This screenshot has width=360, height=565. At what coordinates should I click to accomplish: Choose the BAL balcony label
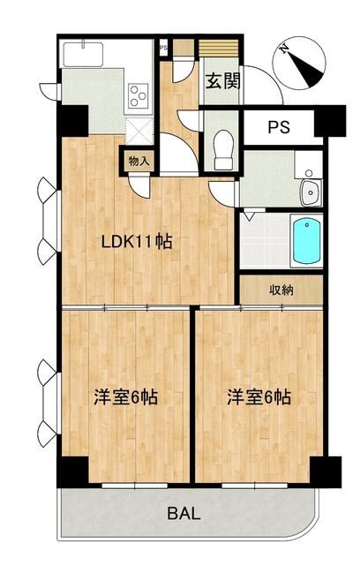click(184, 514)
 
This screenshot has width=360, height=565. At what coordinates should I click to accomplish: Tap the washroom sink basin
click(310, 192)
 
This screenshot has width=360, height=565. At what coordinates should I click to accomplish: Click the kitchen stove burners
click(139, 95)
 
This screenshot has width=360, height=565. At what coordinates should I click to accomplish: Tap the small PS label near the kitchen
click(164, 49)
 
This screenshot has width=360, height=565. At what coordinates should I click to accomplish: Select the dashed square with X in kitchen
click(140, 130)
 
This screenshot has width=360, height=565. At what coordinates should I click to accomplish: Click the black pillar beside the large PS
click(332, 122)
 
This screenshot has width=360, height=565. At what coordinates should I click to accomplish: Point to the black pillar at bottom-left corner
click(72, 472)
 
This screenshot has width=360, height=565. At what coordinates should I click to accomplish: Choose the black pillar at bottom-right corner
click(328, 472)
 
